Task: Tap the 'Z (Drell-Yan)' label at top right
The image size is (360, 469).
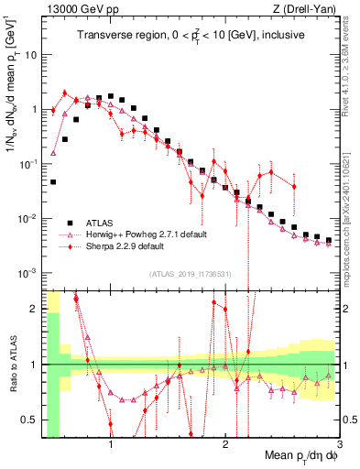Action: tap(308, 8)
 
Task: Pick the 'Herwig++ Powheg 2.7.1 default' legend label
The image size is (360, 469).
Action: tap(147, 234)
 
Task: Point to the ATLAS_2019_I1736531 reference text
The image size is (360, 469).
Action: tap(190, 274)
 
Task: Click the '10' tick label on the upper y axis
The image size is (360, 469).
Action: tap(30, 54)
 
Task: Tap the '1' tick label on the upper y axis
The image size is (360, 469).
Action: tap(33, 109)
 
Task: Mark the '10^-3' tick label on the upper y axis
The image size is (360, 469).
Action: tap(27, 274)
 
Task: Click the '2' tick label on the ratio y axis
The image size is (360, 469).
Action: tap(33, 309)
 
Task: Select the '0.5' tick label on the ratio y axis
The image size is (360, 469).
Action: tap(28, 420)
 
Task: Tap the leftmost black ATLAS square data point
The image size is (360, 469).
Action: tap(53, 182)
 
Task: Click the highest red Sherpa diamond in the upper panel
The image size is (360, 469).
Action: tap(64, 92)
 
